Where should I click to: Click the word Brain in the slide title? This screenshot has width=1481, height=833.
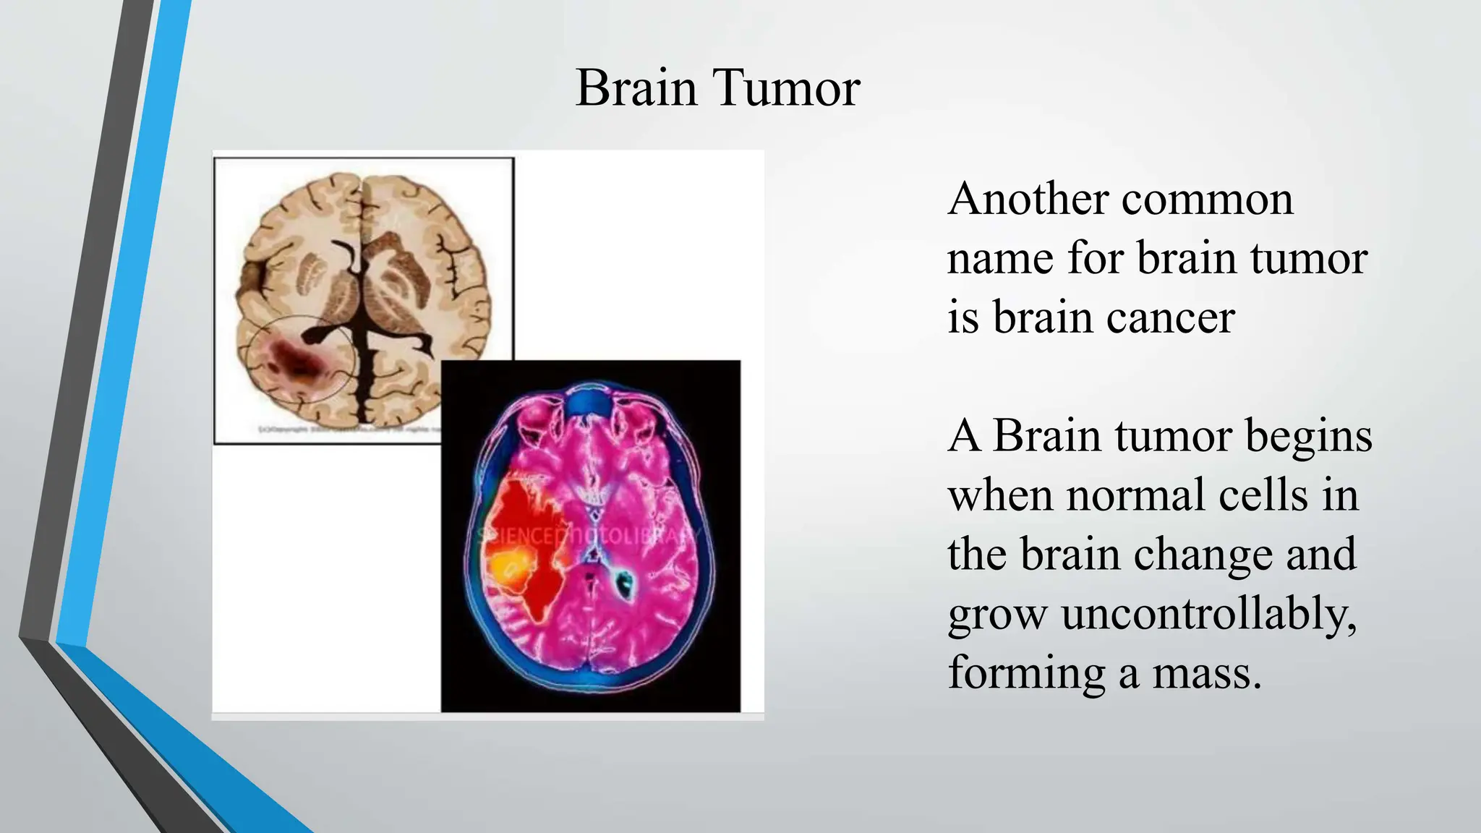point(636,88)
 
